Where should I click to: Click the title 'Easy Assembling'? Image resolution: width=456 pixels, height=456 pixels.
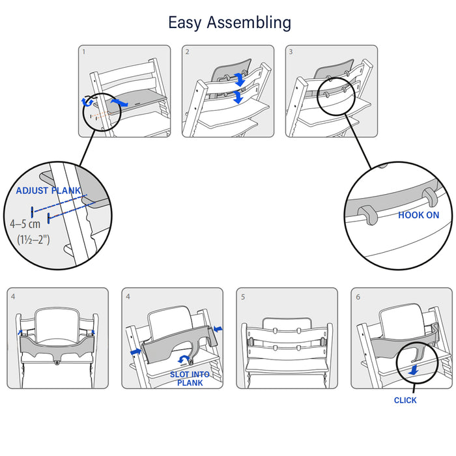[229, 23]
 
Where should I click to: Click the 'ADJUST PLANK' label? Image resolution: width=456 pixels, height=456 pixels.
[49, 191]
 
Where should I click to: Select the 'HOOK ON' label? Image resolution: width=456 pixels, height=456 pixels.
[418, 215]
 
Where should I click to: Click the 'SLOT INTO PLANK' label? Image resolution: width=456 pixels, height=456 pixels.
[190, 378]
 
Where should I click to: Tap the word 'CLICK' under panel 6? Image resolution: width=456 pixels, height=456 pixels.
[405, 400]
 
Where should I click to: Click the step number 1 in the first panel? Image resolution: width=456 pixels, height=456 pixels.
[83, 51]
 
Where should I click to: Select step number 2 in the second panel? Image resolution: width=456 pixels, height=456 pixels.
[187, 51]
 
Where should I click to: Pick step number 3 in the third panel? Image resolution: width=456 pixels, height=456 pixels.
[291, 51]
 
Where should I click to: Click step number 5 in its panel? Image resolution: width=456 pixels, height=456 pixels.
[243, 296]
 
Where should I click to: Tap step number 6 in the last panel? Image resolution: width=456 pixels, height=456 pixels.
[358, 296]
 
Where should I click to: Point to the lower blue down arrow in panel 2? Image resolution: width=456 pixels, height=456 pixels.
[238, 96]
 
